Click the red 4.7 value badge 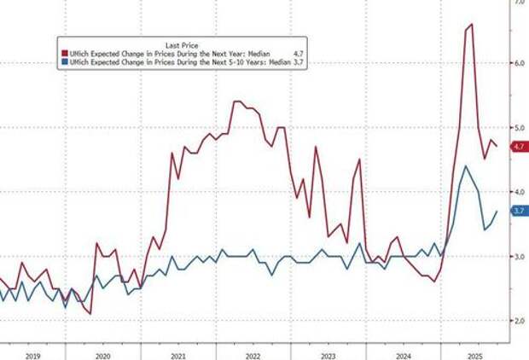pos(517,147)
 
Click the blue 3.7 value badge pos(517,211)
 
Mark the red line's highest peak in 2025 pos(472,25)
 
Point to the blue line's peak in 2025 pos(464,166)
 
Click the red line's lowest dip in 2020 pos(90,314)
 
